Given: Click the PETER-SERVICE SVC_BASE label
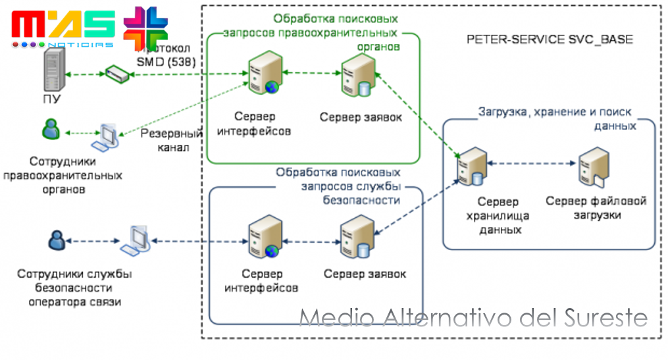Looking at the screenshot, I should [550, 39].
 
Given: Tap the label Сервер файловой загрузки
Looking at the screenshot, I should [596, 208].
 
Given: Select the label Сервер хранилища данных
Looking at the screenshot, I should [498, 215].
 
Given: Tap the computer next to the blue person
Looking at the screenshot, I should [136, 240].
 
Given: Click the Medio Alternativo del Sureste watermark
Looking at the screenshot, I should [473, 319].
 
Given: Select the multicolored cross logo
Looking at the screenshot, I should [145, 28].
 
